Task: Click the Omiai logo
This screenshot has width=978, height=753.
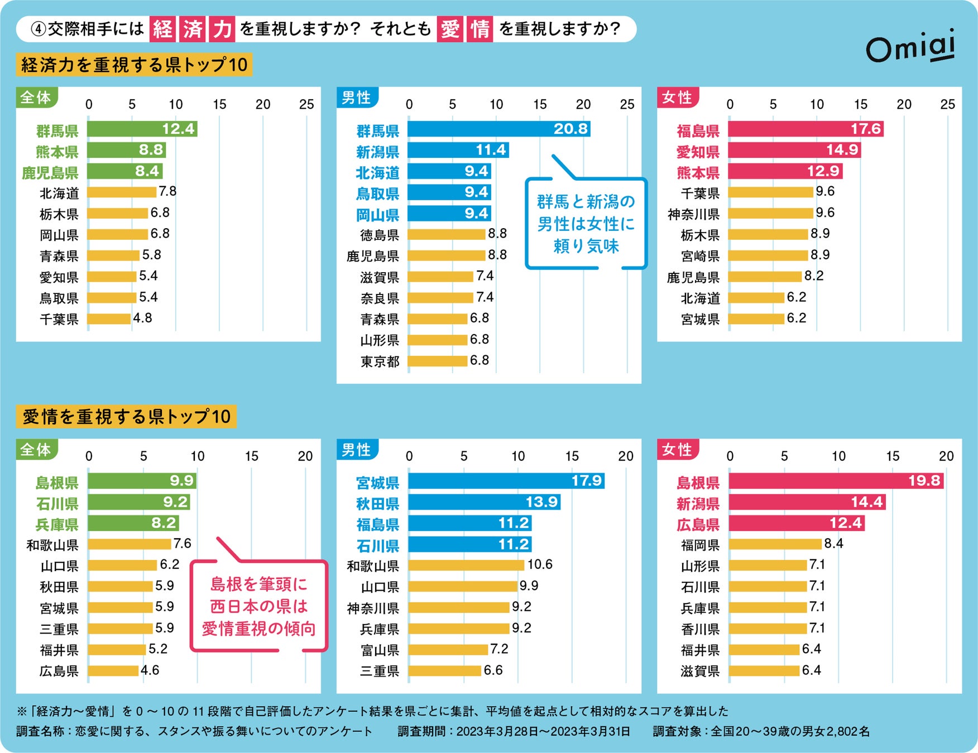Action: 910,47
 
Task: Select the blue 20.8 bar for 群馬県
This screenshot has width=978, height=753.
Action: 498,129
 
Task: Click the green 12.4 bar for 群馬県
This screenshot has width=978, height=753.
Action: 142,129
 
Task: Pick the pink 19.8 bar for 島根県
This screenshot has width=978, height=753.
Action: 835,481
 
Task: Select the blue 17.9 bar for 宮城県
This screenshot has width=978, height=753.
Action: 505,481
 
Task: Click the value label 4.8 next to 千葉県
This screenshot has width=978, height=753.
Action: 142,318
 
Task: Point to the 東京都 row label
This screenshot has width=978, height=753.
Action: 380,361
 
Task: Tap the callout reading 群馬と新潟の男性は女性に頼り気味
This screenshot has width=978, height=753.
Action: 586,224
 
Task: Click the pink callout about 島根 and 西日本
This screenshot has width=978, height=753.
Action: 258,606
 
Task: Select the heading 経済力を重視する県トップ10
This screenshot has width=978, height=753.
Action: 134,65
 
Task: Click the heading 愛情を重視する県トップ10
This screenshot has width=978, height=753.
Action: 127,417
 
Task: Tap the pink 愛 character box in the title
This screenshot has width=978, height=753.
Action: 450,29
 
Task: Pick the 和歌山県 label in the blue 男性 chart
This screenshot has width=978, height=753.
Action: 373,566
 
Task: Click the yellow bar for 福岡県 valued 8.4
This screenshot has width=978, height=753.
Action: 775,544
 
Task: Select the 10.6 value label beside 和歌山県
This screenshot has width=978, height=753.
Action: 539,564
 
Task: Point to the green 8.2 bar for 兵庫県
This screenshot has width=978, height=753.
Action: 133,523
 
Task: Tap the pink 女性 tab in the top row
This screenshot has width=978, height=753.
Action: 677,98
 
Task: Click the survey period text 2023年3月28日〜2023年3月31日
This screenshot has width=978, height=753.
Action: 543,731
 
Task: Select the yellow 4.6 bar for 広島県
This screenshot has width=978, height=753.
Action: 113,670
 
